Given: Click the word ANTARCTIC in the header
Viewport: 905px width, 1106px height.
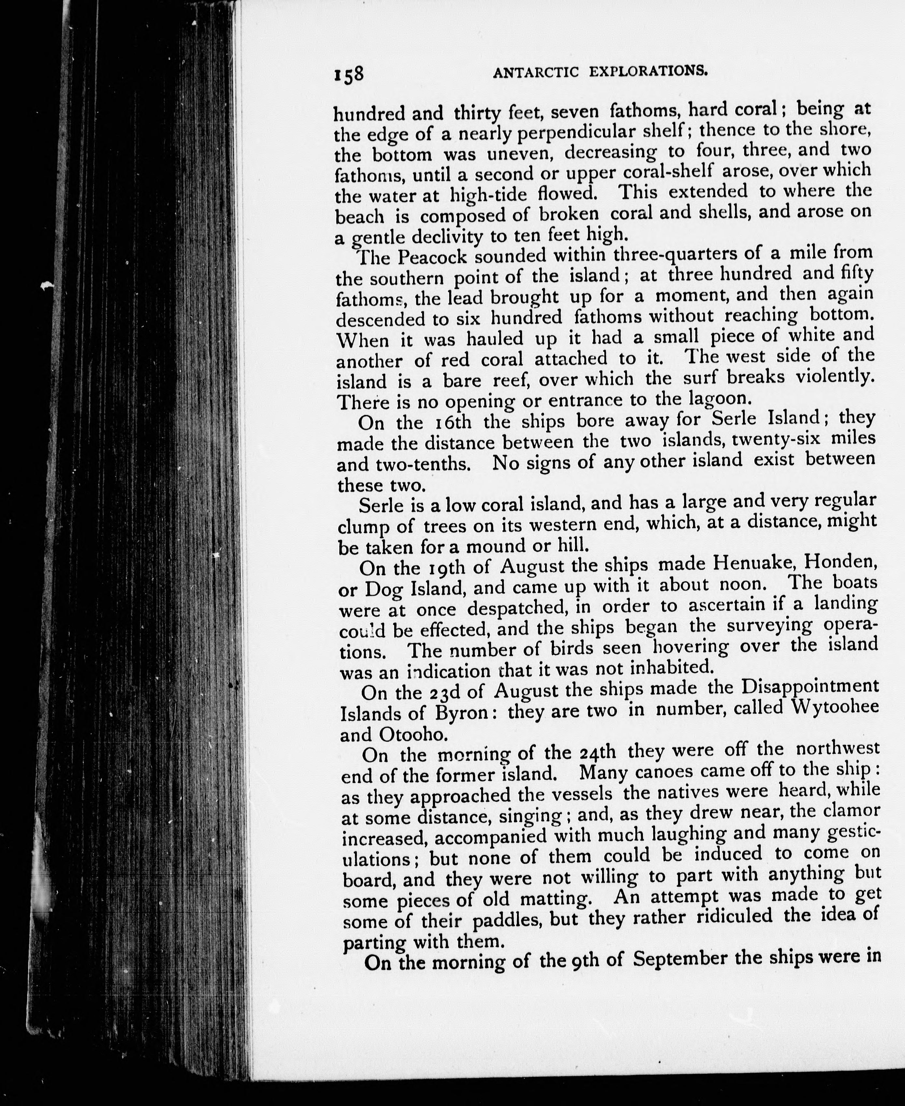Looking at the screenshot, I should (x=535, y=72).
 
